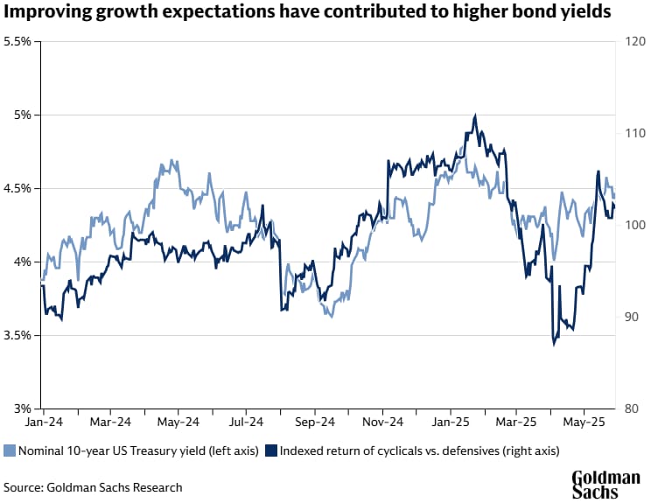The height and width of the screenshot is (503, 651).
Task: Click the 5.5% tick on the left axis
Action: click(19, 41)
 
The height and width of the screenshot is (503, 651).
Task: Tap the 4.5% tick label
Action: click(19, 188)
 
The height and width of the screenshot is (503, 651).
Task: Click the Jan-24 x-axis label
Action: click(42, 421)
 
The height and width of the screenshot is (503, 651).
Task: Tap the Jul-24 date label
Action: click(246, 421)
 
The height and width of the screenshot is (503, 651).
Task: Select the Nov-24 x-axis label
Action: click(383, 421)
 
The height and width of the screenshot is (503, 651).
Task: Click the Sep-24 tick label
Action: click(314, 421)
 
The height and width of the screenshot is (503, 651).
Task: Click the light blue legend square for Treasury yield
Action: click(10, 451)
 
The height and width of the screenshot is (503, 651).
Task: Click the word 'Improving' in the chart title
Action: click(48, 15)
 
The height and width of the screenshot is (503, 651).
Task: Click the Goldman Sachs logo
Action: click(606, 484)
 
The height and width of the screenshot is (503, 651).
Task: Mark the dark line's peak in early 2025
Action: click(474, 115)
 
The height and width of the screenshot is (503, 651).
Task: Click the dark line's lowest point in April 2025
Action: click(554, 344)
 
